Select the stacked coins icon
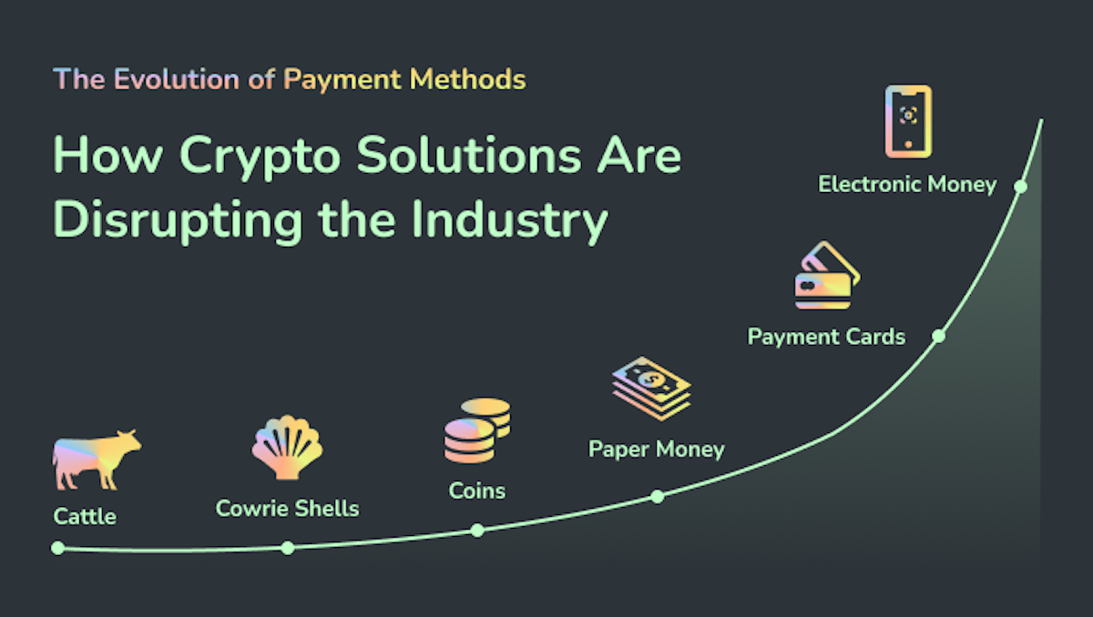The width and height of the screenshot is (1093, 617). (x=476, y=430)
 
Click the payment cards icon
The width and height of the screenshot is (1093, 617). (x=826, y=277)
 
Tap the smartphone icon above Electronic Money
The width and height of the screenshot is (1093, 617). (x=908, y=121)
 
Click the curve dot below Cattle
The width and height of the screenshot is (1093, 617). (x=58, y=548)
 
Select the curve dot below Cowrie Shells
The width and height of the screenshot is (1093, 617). (x=288, y=548)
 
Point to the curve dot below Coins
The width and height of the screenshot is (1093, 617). (x=477, y=530)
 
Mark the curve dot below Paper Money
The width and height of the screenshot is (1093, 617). (x=658, y=496)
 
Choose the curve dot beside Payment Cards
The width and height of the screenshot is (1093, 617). (x=939, y=336)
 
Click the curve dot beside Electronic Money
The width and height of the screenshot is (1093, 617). (x=1021, y=186)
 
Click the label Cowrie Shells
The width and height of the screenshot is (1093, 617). (x=287, y=508)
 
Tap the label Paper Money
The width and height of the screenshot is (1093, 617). (x=656, y=449)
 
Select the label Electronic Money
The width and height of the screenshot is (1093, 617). (x=907, y=184)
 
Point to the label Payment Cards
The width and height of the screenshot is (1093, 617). (x=826, y=337)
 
